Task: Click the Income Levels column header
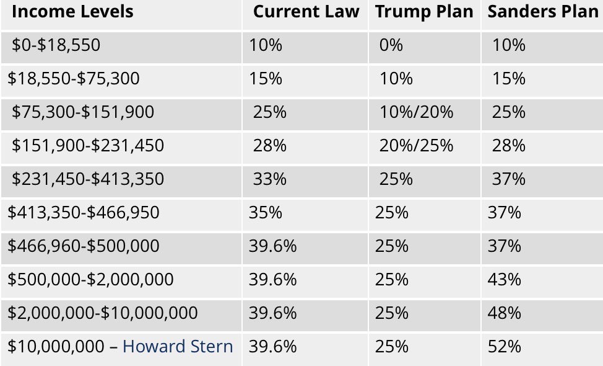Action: point(72,12)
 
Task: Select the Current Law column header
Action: point(306,12)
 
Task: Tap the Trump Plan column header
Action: point(424,12)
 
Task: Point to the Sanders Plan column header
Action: point(543,12)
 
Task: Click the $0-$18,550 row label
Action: point(56,45)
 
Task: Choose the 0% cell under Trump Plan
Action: point(391,45)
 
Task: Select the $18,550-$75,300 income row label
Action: point(74,78)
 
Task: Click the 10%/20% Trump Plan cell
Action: point(416,112)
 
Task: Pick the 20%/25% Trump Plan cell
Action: point(416,145)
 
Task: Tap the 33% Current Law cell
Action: point(269,179)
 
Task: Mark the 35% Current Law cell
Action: point(266,212)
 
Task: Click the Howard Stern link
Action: point(178,346)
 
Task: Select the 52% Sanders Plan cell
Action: point(504,346)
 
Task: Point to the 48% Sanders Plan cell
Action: point(504,313)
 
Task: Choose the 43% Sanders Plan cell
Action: point(504,279)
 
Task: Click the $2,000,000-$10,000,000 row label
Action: point(103,313)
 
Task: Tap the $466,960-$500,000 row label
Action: point(84,246)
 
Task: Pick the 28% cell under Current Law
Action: point(269,145)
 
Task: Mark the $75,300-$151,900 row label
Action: point(83,112)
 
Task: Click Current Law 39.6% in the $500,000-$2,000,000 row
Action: point(272,279)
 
